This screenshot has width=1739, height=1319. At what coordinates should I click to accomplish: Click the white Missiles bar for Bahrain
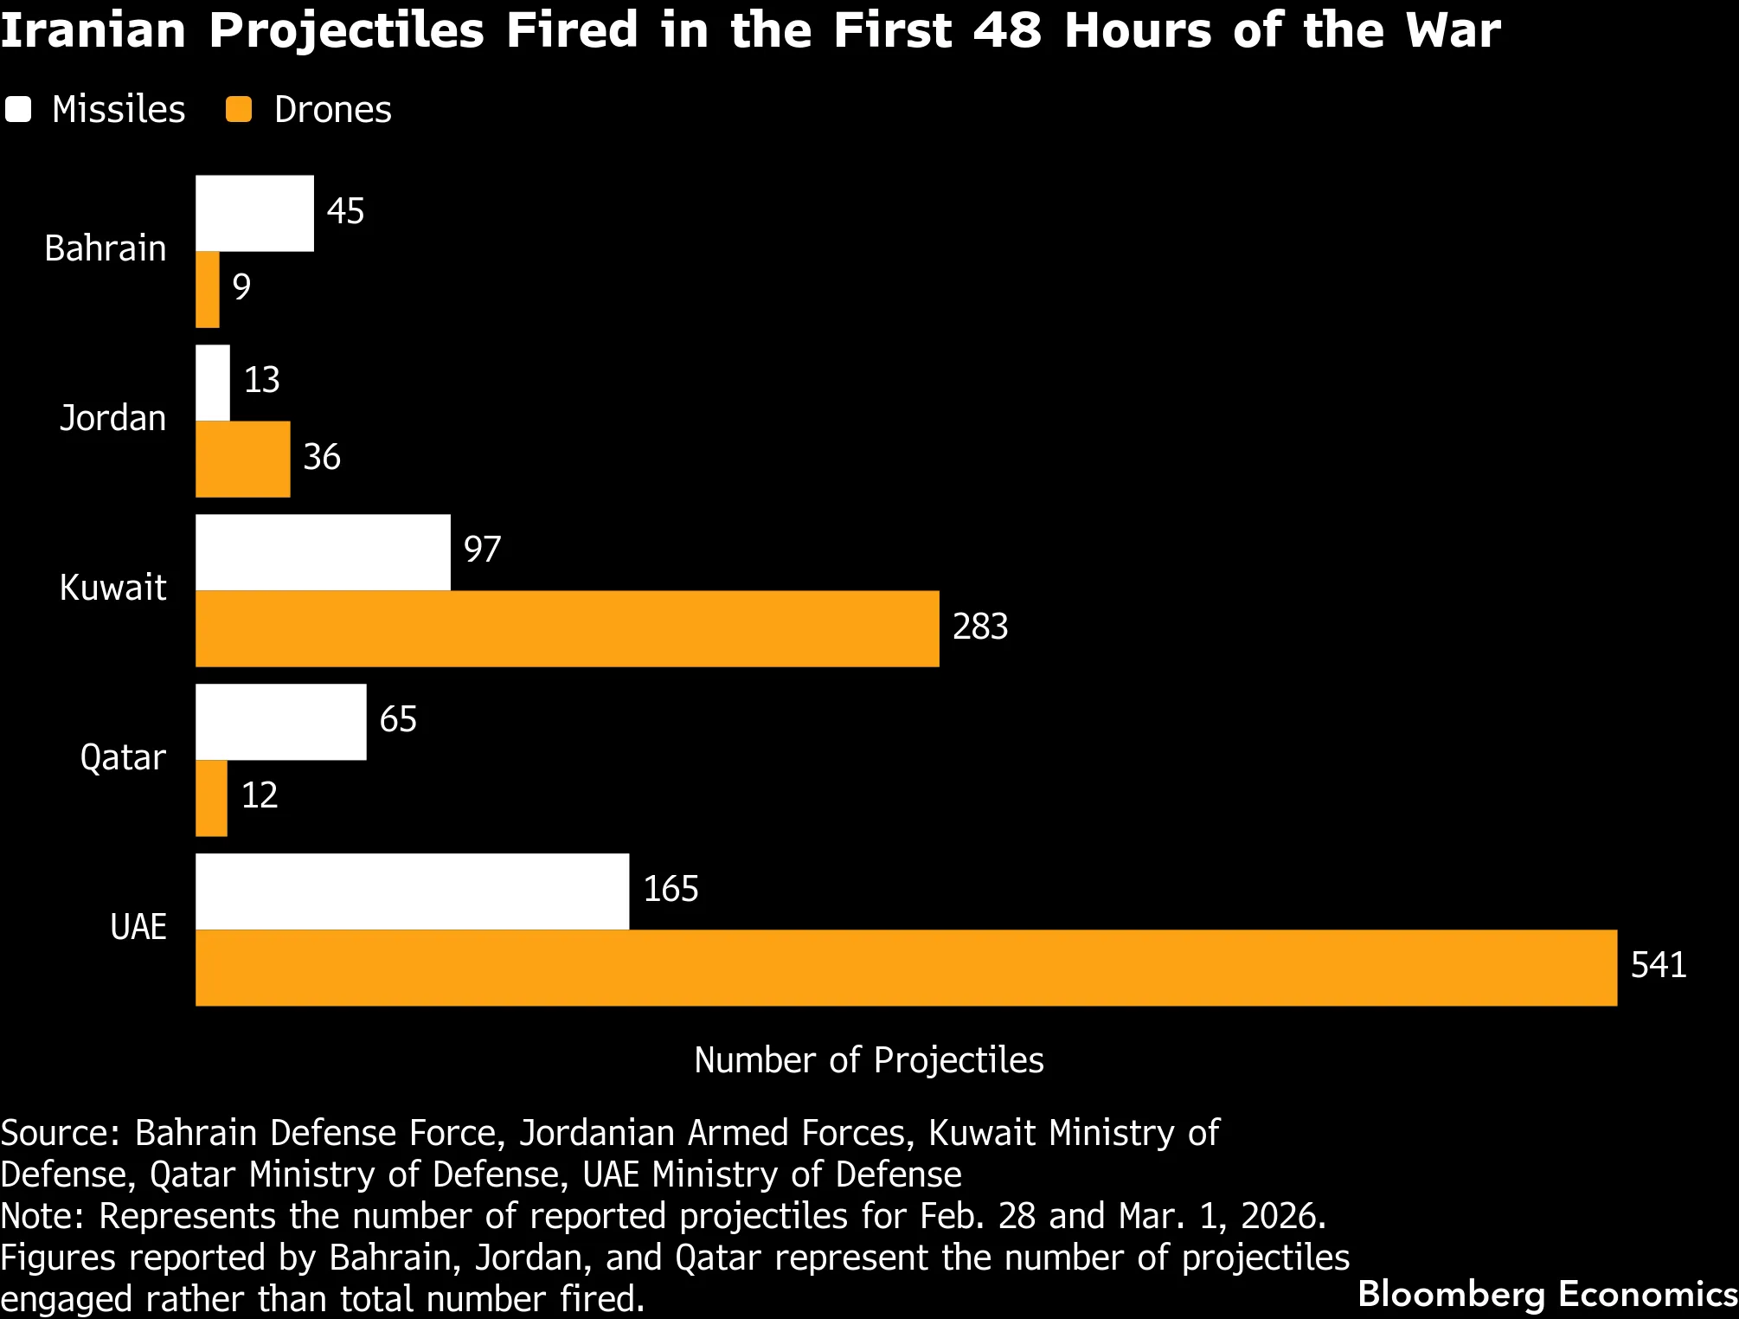[254, 214]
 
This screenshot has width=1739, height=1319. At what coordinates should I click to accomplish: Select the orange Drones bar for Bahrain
[208, 290]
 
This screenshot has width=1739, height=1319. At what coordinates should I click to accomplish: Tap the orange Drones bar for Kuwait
[567, 629]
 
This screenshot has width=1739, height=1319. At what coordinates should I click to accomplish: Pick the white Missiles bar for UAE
[412, 891]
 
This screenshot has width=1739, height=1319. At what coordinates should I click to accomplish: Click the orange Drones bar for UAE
[906, 968]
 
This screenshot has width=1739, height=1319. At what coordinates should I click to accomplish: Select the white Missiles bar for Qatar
[280, 722]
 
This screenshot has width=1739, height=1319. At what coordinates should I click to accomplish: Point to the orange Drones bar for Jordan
[242, 460]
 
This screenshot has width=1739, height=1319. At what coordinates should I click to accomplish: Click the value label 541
[1658, 965]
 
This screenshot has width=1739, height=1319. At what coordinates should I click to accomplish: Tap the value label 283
[979, 627]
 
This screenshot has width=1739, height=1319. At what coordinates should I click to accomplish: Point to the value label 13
[261, 380]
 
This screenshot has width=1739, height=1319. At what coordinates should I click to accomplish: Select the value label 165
[670, 889]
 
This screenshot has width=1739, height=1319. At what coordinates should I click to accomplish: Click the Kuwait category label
[112, 588]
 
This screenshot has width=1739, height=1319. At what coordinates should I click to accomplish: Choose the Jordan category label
[112, 418]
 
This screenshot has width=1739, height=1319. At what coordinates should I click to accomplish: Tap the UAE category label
[138, 927]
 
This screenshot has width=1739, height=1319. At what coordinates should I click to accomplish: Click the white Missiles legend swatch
[18, 110]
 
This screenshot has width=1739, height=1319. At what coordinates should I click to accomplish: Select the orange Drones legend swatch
[239, 110]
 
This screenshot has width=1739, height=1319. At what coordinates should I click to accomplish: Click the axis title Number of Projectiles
[869, 1060]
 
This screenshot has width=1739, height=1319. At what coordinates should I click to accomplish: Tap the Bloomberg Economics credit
[1547, 1294]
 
